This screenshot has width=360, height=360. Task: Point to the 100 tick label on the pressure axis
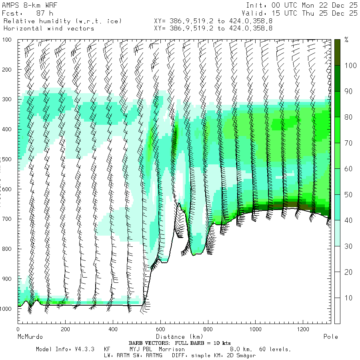coord(8,40)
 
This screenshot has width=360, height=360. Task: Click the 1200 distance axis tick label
coord(302,329)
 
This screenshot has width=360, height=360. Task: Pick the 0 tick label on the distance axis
coord(18,329)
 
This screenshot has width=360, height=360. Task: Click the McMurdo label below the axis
coord(30,337)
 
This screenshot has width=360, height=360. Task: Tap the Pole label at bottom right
coord(330,337)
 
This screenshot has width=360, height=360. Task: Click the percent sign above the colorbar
coord(346,40)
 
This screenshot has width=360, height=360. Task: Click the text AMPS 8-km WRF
coord(26,6)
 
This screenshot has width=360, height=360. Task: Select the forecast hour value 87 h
coord(44,13)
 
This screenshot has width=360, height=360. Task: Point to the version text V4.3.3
coord(84,349)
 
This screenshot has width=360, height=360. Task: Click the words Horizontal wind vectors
coord(48,28)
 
